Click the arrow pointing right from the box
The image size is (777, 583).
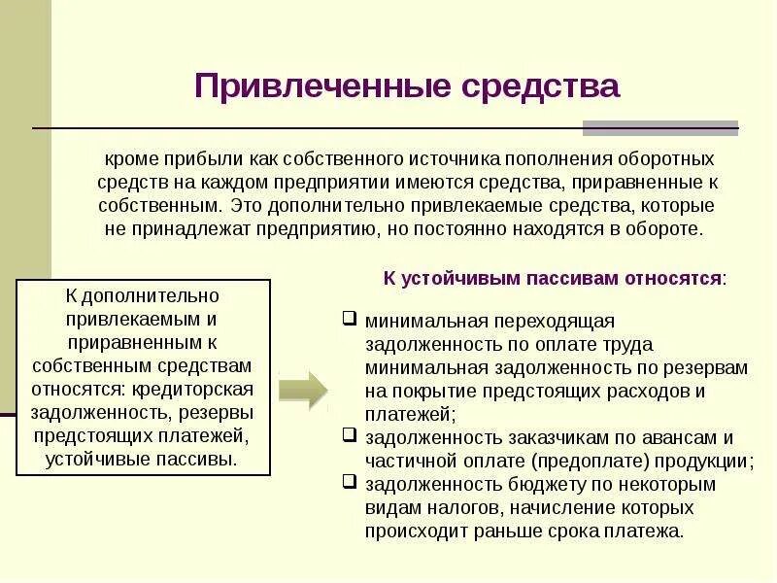coord(303,390)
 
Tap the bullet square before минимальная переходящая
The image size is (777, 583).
coord(351,319)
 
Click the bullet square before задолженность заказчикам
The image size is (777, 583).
coord(351,436)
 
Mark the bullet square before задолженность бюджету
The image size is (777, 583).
coord(351,483)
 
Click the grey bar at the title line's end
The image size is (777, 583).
coord(659,127)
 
